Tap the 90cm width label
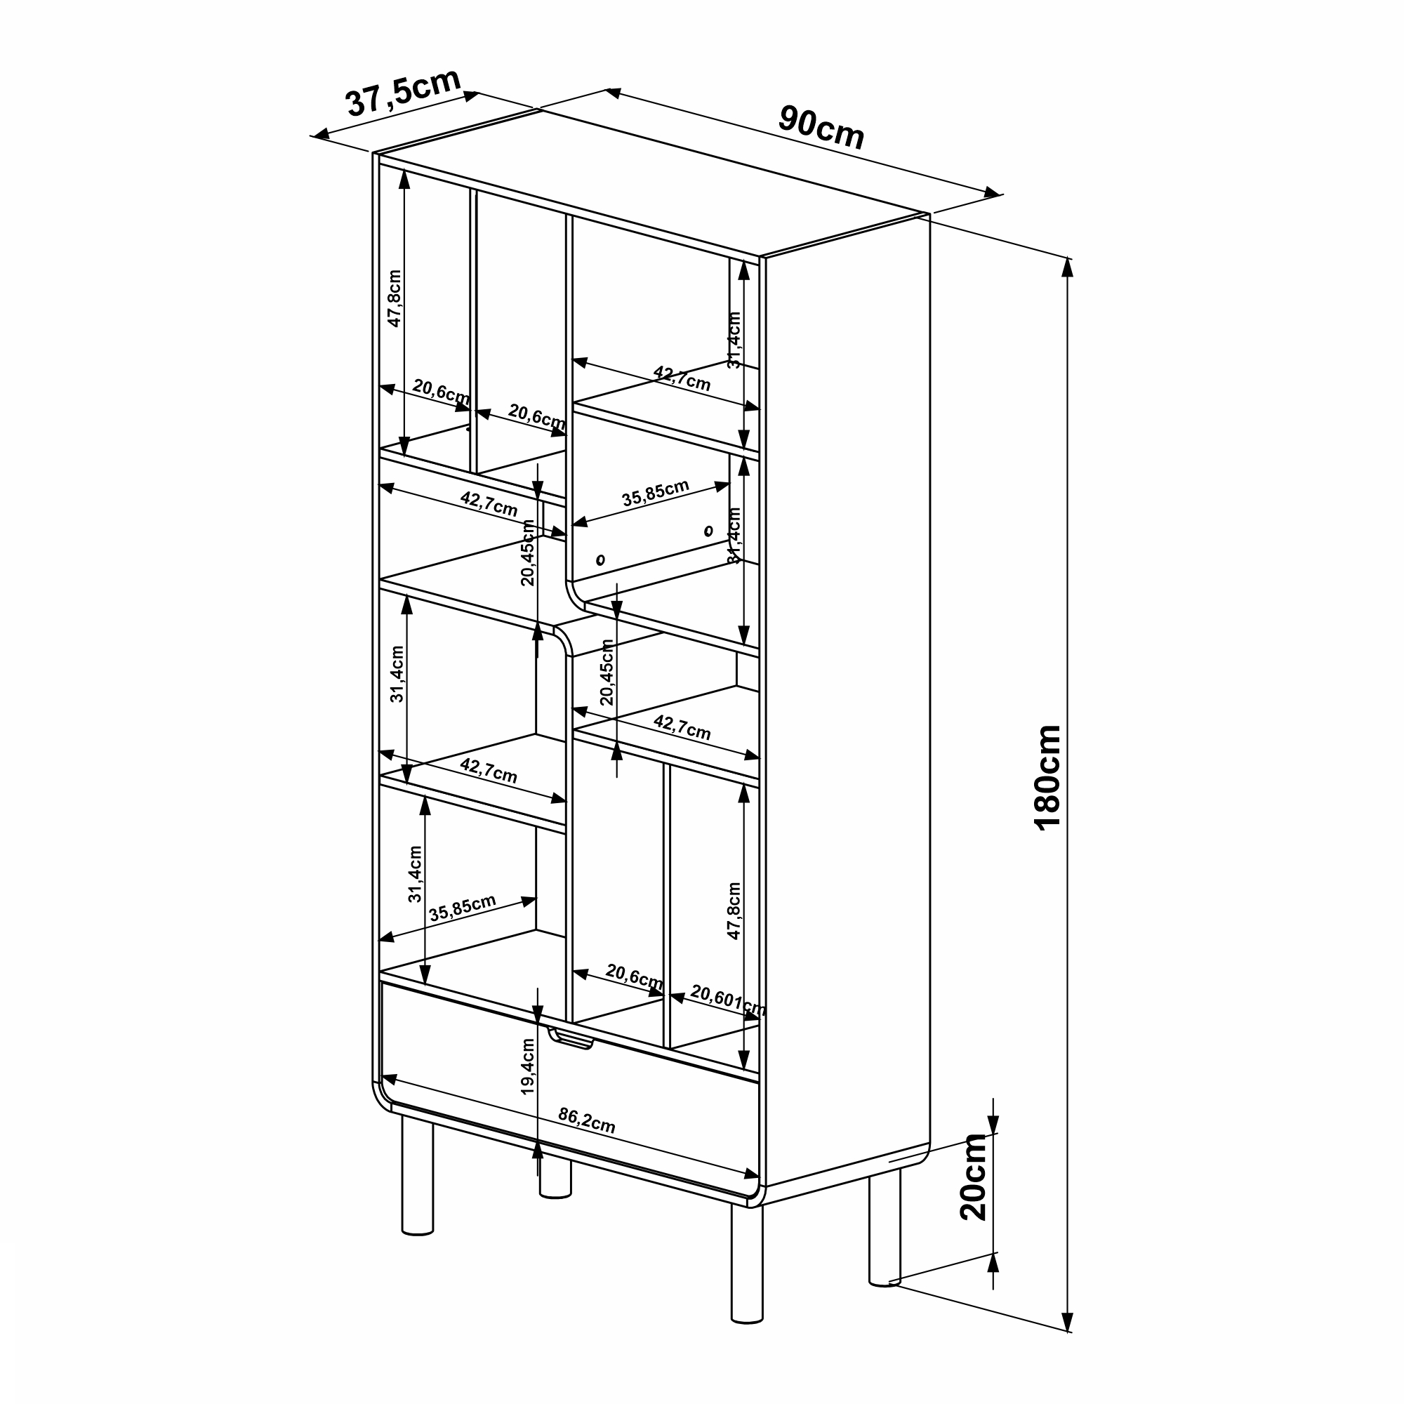pos(821,127)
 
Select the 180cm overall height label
pos(1047,779)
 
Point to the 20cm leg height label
pos(973,1177)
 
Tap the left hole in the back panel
pos(600,559)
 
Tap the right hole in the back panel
pos(708,531)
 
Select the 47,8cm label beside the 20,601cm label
pos(734,911)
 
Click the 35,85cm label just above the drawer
pos(462,908)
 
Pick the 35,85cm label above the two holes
pos(655,493)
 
